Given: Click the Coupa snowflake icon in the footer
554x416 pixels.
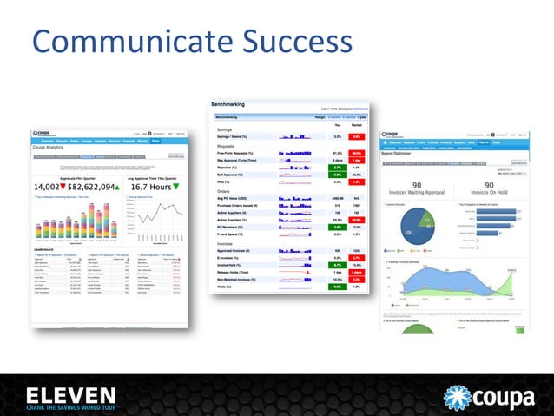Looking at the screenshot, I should (458, 393).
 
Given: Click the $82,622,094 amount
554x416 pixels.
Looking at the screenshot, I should (97, 187).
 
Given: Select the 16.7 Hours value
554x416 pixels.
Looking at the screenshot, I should (152, 187).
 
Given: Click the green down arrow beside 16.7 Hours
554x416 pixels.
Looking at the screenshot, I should (176, 187).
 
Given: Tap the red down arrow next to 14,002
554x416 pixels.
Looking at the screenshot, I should (64, 187).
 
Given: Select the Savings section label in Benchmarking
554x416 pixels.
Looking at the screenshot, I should (225, 129).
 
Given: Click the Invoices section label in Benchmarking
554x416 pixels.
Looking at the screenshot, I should (227, 244).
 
